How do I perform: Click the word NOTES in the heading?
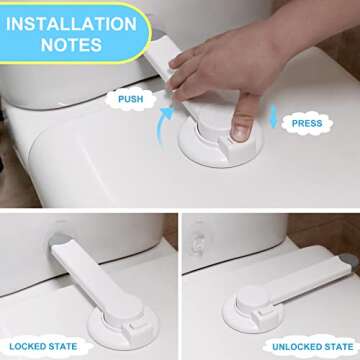pyautogui.click(x=69, y=44)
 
